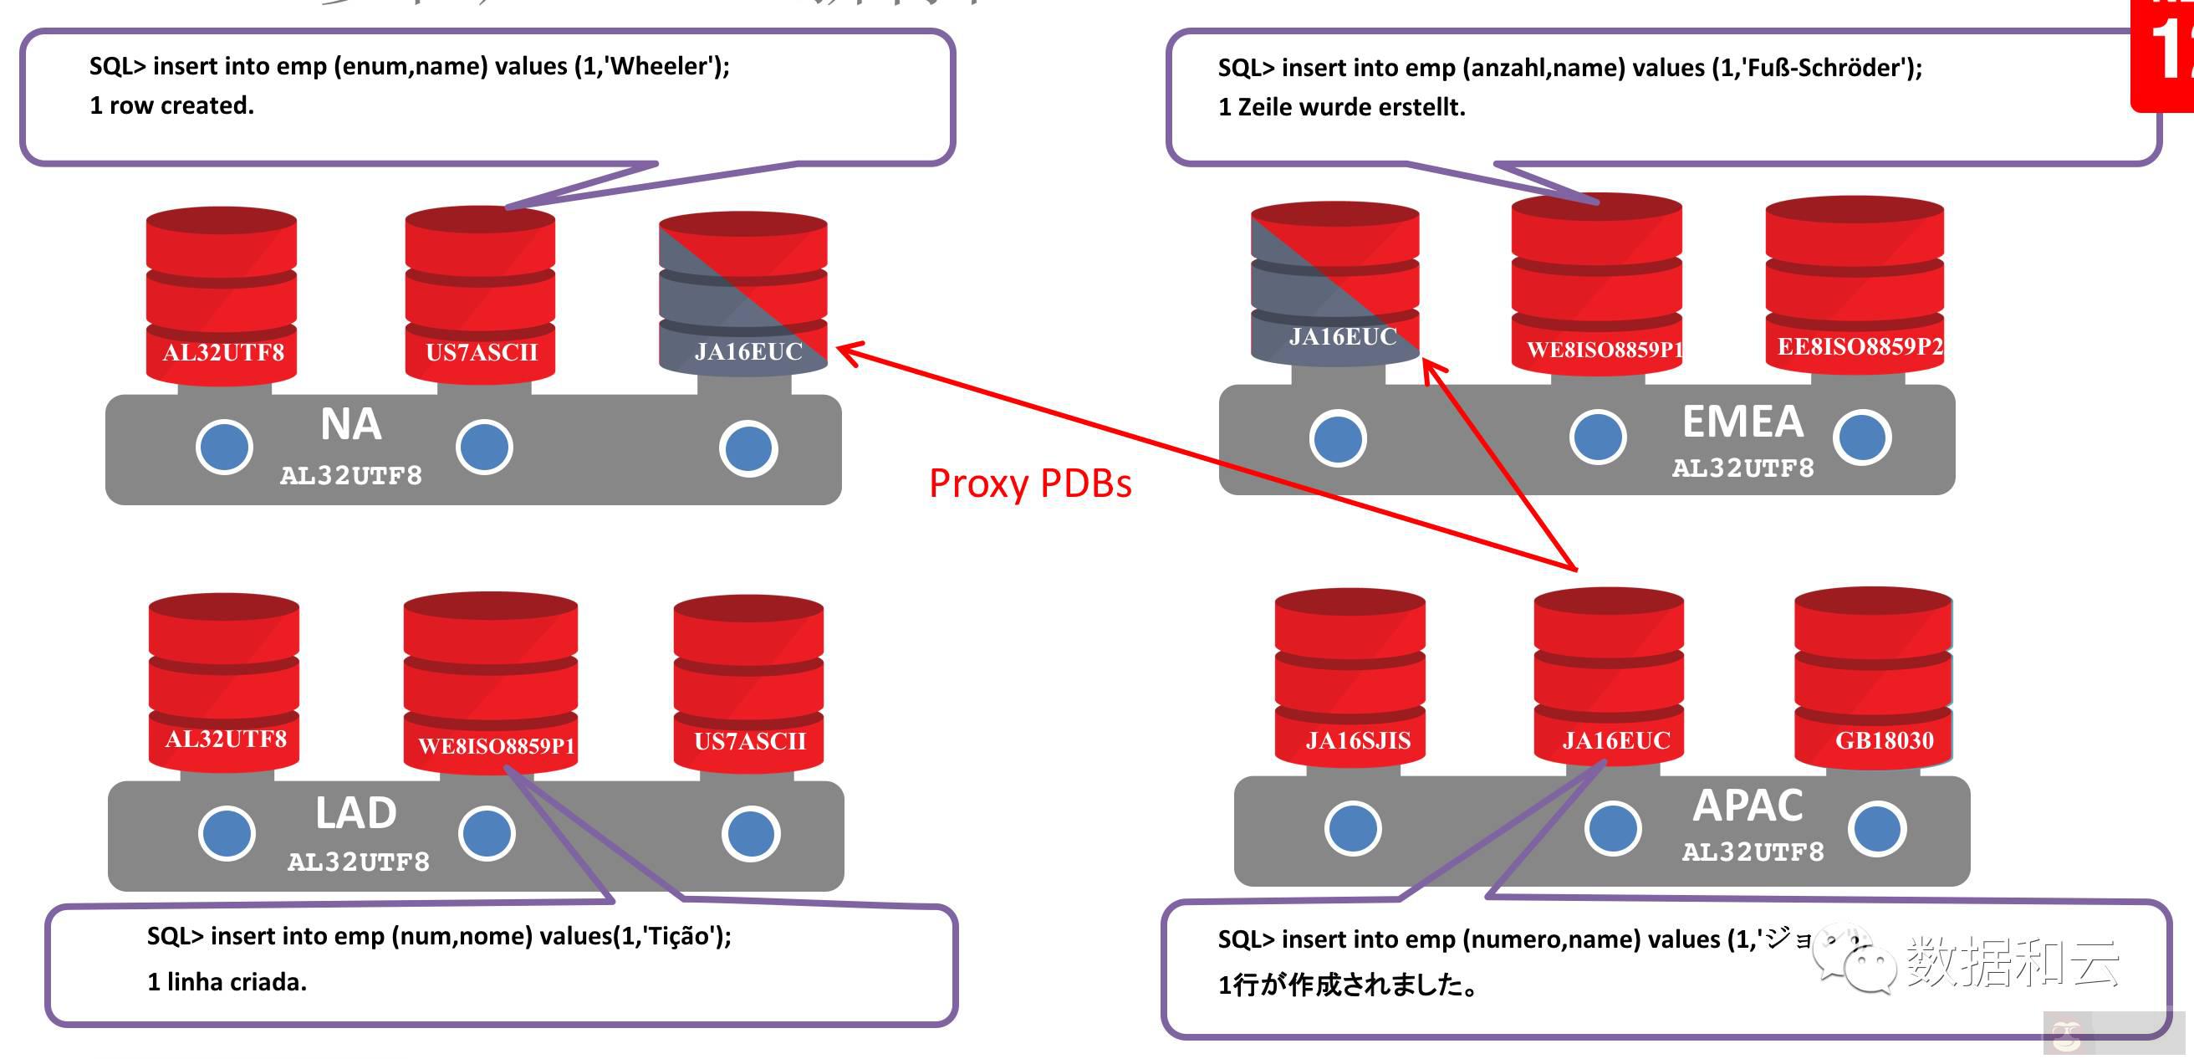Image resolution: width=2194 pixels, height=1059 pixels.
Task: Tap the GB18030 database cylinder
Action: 1872,678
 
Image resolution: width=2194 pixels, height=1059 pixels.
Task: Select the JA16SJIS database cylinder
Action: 1350,678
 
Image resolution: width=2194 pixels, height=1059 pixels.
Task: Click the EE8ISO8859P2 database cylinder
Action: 1855,285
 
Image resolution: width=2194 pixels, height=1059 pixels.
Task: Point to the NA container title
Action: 351,424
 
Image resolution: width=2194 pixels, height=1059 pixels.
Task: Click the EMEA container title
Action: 1742,422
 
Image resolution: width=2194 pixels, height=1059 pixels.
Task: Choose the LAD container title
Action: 356,813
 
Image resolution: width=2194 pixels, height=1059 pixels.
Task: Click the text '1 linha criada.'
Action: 227,982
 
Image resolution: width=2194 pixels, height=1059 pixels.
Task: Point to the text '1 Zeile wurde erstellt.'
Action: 1341,107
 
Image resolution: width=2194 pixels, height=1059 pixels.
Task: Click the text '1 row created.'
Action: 172,105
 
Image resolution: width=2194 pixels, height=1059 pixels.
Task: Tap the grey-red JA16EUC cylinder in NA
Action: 742,294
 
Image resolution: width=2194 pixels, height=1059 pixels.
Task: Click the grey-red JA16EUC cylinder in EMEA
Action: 1334,284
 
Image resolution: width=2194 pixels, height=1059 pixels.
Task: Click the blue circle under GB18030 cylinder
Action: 1876,829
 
